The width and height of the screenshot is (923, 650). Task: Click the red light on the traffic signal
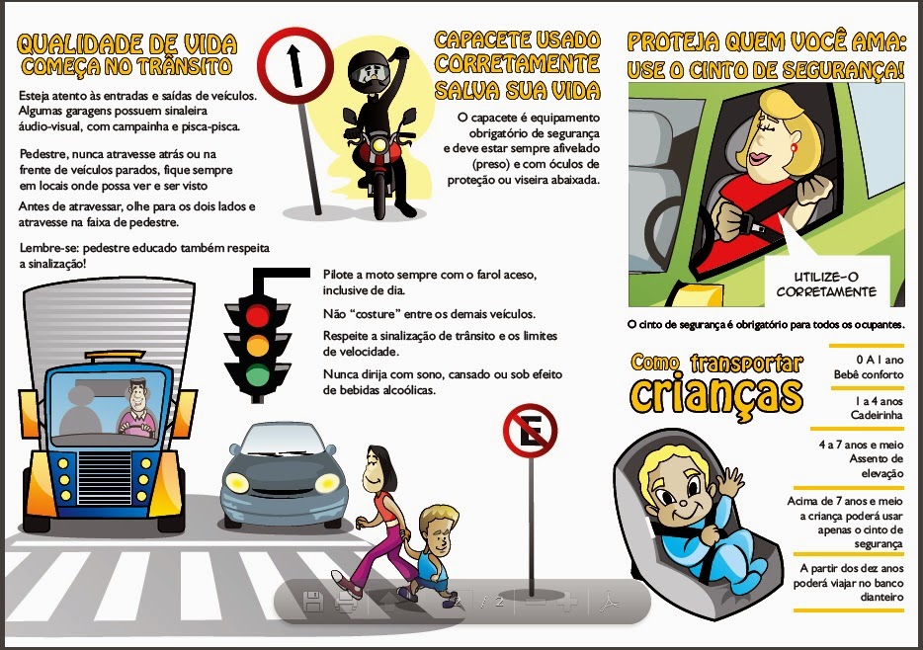click(257, 315)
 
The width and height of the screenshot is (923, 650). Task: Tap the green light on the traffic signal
click(257, 374)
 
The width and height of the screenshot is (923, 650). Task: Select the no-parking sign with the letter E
click(530, 431)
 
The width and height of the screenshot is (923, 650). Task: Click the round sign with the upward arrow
click(294, 66)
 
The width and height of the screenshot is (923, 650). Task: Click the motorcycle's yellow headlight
click(379, 144)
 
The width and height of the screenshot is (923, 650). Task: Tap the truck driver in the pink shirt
click(138, 409)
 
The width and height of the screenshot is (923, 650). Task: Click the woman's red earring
click(793, 147)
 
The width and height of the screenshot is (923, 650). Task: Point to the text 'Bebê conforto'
click(869, 374)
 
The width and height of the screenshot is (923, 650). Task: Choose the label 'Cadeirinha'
click(877, 415)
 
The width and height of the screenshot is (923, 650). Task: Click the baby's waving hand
click(730, 482)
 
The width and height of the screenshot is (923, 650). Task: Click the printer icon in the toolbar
click(346, 602)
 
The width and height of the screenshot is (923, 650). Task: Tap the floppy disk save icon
click(313, 602)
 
